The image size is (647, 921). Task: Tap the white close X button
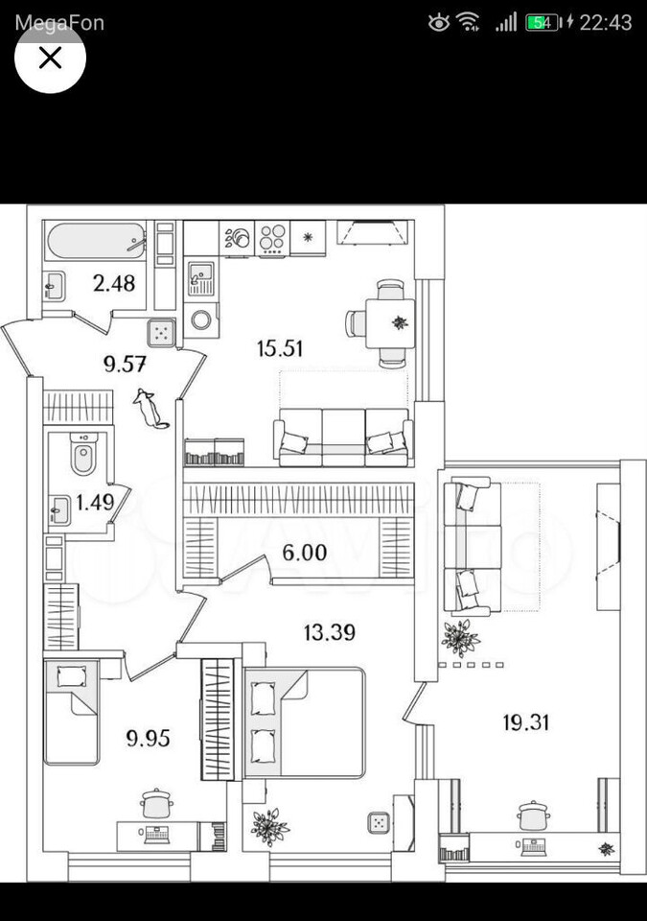tap(51, 58)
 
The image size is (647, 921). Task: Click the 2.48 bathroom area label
tap(114, 284)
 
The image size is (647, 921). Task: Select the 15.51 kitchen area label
tap(280, 348)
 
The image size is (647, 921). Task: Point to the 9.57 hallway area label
tap(125, 365)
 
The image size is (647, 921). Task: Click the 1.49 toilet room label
tap(95, 502)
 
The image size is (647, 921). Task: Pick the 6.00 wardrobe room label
tap(304, 553)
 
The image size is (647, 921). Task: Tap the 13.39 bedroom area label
tap(330, 632)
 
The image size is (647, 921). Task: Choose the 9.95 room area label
tap(148, 738)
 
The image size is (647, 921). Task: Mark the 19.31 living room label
tap(525, 722)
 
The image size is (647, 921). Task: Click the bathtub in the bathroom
tap(96, 241)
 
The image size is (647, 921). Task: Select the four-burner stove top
tap(272, 239)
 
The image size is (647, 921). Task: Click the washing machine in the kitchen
tap(201, 320)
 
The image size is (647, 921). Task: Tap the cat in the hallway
tap(150, 408)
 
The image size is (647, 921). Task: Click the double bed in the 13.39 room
tap(304, 722)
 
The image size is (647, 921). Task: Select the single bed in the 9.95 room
tap(71, 712)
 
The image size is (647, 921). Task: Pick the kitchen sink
tap(200, 278)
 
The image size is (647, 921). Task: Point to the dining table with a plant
tap(390, 323)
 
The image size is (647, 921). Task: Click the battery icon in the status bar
tap(543, 23)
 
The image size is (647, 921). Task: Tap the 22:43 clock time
tap(606, 23)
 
